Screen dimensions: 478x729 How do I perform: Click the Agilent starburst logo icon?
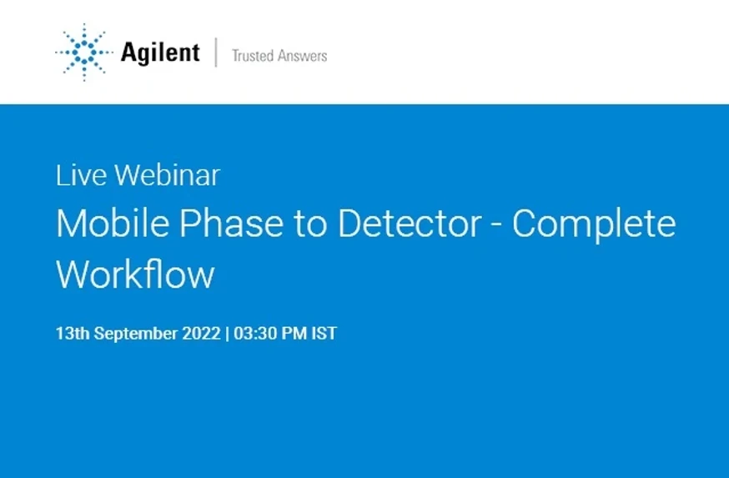(84, 53)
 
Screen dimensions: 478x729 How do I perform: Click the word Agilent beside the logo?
(160, 53)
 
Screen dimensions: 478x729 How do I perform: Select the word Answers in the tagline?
(304, 56)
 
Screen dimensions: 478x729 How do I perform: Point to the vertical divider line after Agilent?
(216, 53)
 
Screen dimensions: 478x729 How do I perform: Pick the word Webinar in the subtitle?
(168, 175)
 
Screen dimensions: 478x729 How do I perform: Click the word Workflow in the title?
(135, 274)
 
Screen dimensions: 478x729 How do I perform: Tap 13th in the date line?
(73, 334)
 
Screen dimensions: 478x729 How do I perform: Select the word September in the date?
(139, 334)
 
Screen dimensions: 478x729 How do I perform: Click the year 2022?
(205, 334)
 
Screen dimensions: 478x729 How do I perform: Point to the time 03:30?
(254, 334)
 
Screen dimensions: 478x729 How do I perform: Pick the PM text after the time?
(294, 334)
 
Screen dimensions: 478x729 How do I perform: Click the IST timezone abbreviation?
(324, 334)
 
